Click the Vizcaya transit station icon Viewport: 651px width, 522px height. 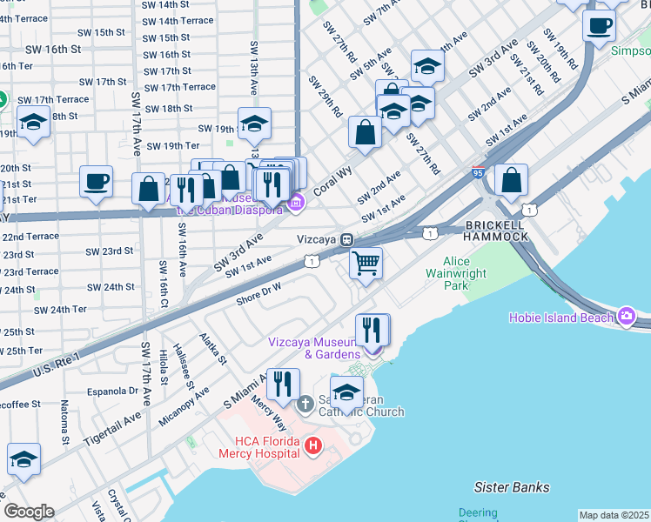346,238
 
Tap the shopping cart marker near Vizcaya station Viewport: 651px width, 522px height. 366,262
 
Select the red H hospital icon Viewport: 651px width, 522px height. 313,447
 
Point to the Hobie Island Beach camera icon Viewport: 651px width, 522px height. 625,316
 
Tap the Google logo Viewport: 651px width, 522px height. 29,512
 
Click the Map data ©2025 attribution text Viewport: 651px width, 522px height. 614,515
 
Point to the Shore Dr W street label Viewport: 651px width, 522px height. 258,293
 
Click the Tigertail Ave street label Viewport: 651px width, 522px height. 112,430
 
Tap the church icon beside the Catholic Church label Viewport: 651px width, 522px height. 305,405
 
